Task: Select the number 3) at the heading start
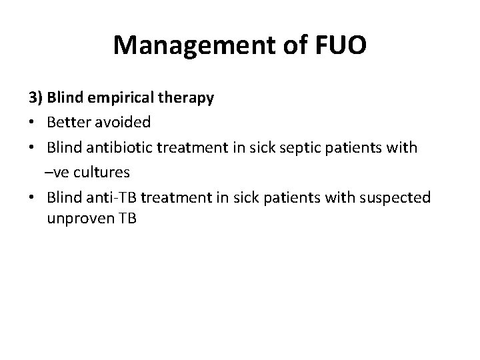[36, 98]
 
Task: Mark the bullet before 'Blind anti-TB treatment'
[33, 198]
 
